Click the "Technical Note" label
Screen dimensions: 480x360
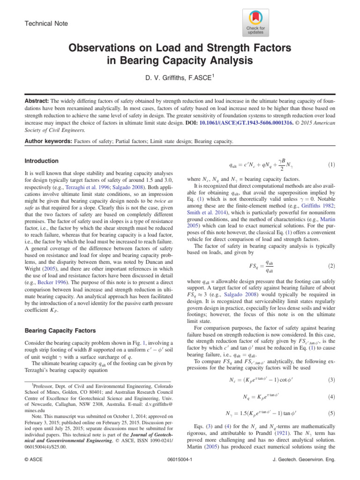click(x=46, y=23)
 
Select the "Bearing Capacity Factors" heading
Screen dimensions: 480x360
click(x=60, y=330)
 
